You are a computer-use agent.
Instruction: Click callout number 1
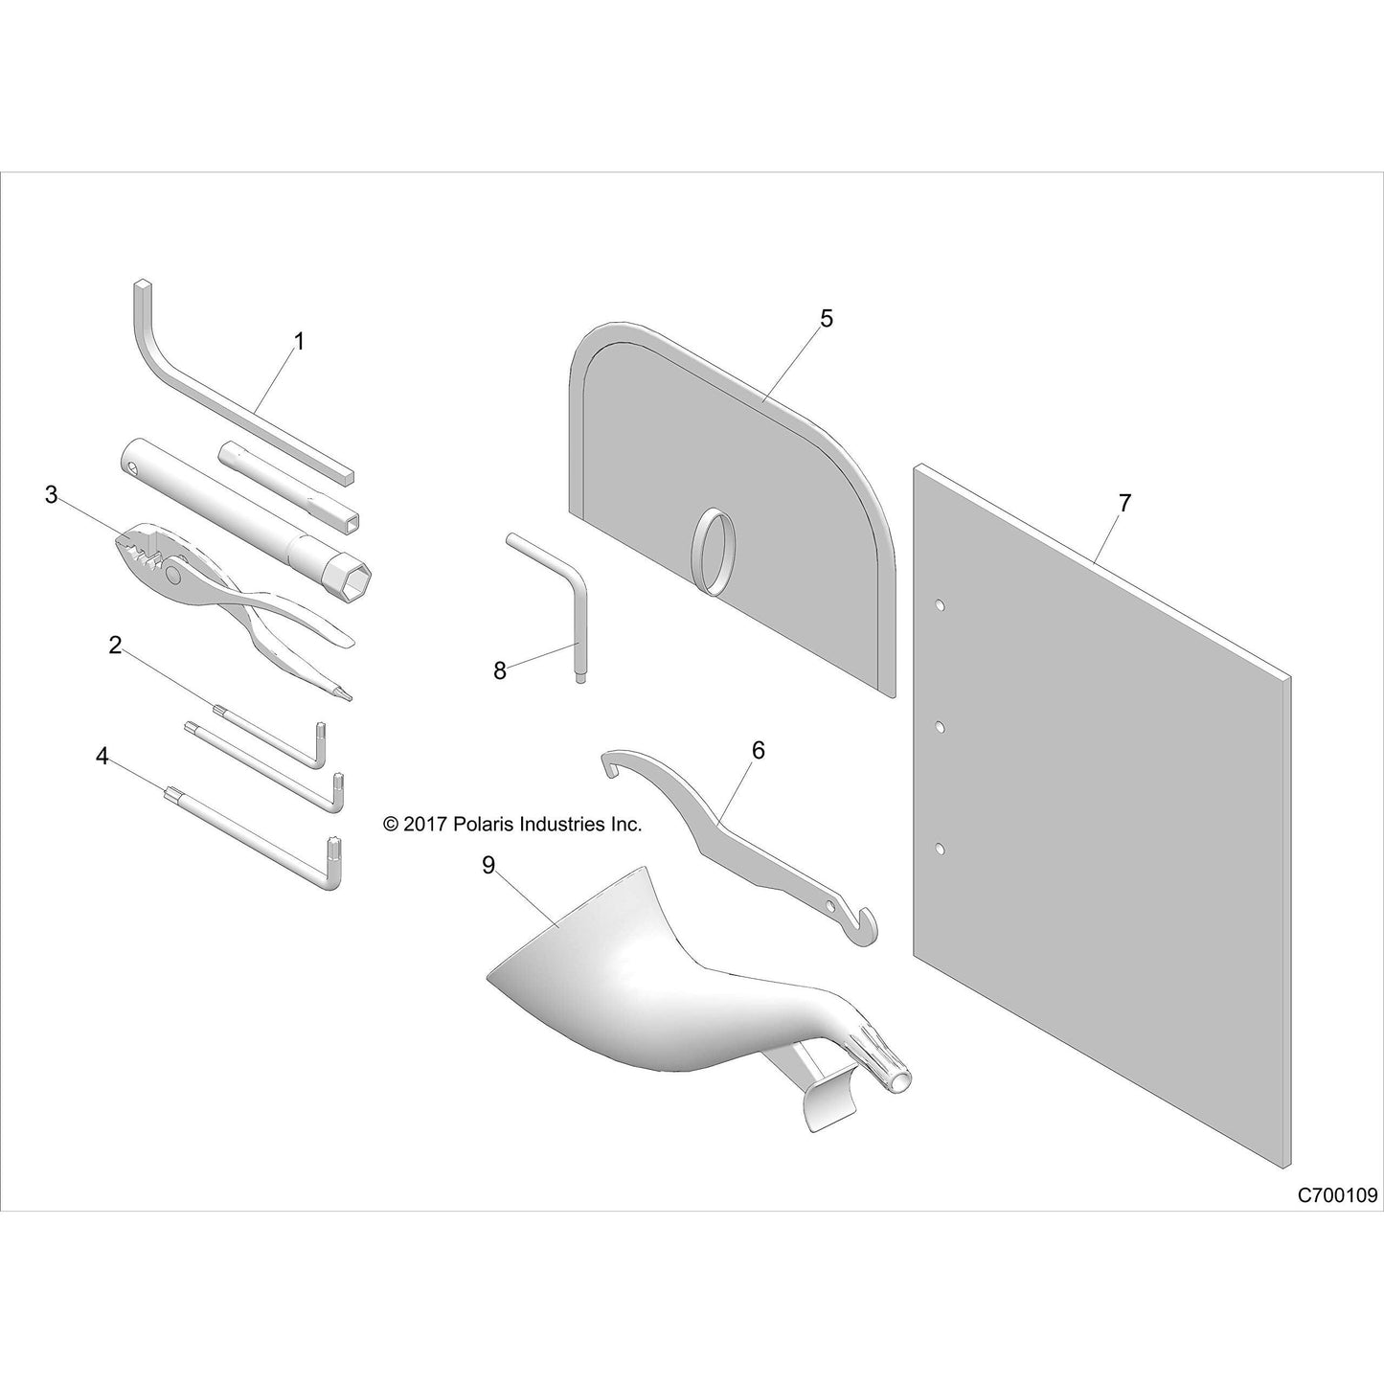pyautogui.click(x=299, y=341)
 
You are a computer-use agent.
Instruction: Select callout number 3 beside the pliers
pyautogui.click(x=51, y=495)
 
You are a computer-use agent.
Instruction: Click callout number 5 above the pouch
pyautogui.click(x=827, y=318)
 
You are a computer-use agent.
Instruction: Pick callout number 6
pyautogui.click(x=758, y=751)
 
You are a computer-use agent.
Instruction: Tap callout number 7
pyautogui.click(x=1124, y=503)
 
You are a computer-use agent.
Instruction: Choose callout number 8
pyautogui.click(x=500, y=670)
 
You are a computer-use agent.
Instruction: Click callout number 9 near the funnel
pyautogui.click(x=488, y=866)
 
